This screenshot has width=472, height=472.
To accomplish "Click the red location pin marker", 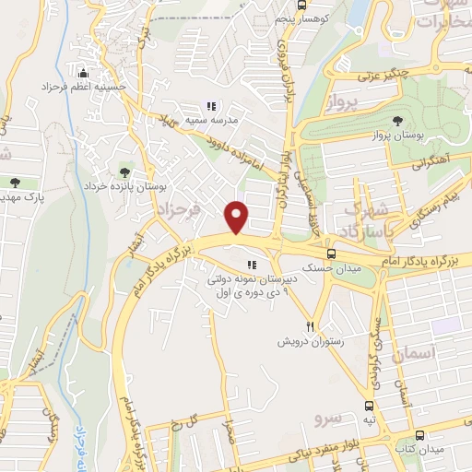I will click(x=238, y=217).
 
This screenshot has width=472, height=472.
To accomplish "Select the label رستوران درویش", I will click(x=310, y=341).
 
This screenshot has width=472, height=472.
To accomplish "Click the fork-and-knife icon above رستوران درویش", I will click(x=311, y=326).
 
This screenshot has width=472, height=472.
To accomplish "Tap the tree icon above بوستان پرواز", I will click(x=397, y=121).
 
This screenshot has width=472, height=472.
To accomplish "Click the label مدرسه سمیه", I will click(x=213, y=121).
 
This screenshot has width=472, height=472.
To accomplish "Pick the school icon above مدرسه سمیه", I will click(x=212, y=106).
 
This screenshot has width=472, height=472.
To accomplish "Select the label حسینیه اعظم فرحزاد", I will click(x=82, y=87).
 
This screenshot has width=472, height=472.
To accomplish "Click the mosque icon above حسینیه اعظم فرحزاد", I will click(x=84, y=73).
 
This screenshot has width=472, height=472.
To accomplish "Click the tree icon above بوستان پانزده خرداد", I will click(x=125, y=171).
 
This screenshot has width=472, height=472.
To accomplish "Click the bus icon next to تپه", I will click(x=369, y=406).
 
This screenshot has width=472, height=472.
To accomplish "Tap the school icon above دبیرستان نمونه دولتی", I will click(x=253, y=265).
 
